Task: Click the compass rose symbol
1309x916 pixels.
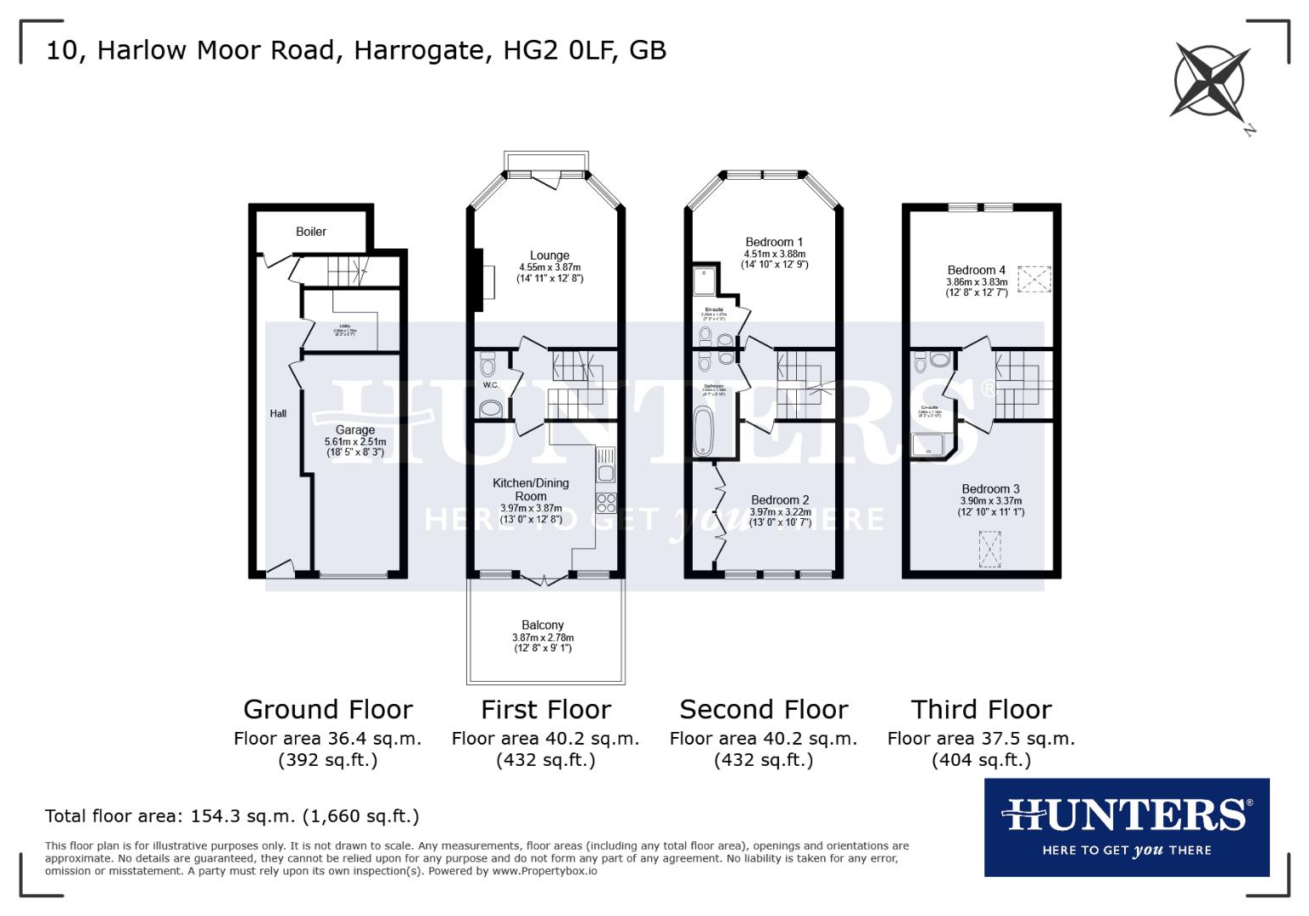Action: pos(1211,81)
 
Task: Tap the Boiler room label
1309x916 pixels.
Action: pos(311,232)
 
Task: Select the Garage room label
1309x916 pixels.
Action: pos(354,430)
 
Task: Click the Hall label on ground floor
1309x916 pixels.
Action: pos(278,414)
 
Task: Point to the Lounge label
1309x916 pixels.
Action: pos(549,255)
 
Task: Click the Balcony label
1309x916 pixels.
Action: pos(543,625)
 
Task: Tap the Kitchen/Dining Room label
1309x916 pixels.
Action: pos(532,489)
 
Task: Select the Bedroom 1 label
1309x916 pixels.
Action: pos(775,242)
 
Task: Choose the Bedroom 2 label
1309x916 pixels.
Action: pos(780,500)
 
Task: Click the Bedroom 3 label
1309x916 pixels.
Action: pos(990,489)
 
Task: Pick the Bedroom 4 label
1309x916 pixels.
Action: pos(977,271)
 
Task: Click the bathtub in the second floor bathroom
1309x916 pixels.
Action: pos(703,431)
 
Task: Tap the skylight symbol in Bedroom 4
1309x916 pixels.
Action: pos(1034,279)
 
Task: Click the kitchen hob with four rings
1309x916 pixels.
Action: pos(605,502)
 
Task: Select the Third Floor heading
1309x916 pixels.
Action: pos(981,709)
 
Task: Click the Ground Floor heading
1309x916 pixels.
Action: pos(327,709)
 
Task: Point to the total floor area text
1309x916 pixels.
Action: pos(231,816)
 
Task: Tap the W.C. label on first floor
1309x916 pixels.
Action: pos(490,385)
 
